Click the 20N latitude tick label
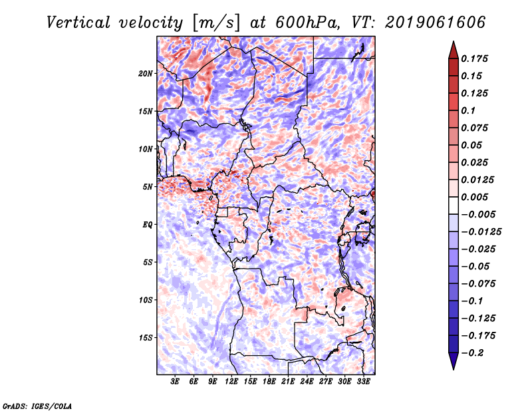point(146,74)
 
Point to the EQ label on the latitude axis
point(147,225)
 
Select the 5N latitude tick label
point(148,187)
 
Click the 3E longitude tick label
point(175,382)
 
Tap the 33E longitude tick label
point(363,382)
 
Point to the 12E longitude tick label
point(231,382)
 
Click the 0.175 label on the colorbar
point(474,59)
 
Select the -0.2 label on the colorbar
point(472,353)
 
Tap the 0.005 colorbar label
point(474,197)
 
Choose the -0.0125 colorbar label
point(481,232)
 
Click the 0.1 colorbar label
point(468,110)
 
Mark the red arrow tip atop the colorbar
point(454,41)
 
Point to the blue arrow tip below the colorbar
point(454,369)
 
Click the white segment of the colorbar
point(454,205)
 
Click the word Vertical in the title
point(78,23)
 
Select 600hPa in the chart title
point(307,23)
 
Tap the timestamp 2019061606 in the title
point(436,23)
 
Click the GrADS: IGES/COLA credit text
point(37,406)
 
